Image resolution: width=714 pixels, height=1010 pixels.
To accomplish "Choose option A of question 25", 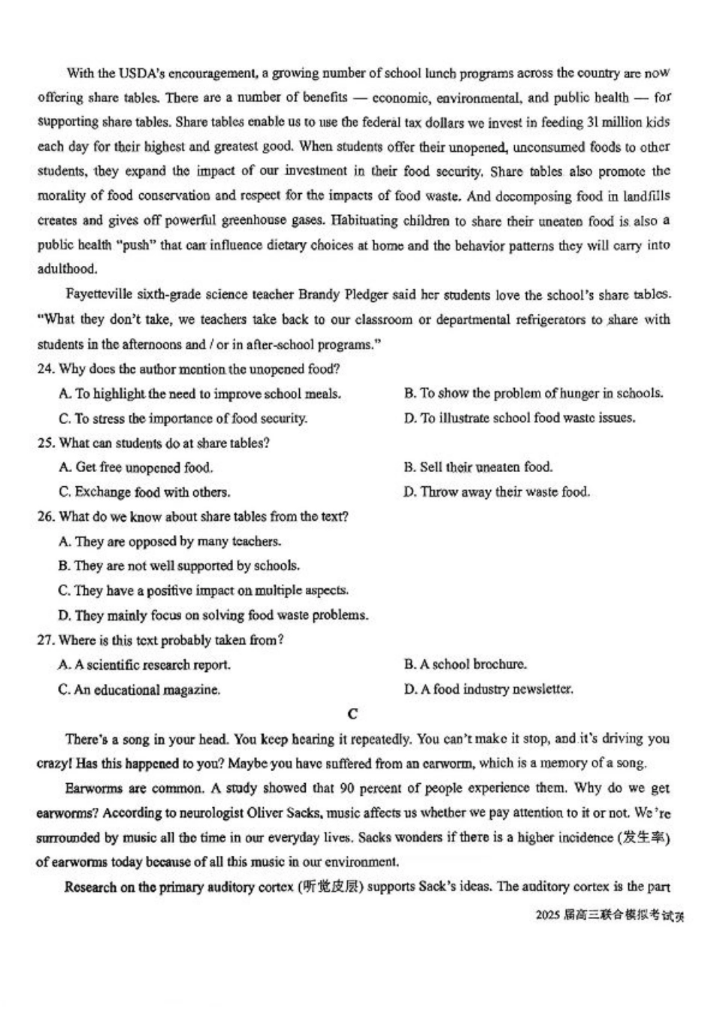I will coord(136,467).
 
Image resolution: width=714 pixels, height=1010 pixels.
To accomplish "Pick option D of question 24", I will coord(519,418).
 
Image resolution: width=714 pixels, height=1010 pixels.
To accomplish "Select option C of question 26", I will coord(204,591).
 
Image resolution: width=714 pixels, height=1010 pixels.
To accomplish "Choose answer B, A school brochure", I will coord(465,664).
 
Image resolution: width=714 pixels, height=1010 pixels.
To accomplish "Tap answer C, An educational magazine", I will coord(139,689).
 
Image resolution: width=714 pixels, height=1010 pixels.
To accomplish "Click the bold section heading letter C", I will coord(353,714).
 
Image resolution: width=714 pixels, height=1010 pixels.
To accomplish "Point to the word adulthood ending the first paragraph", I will coord(68,269).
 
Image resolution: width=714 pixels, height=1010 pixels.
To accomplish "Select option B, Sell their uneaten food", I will coord(478,467).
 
